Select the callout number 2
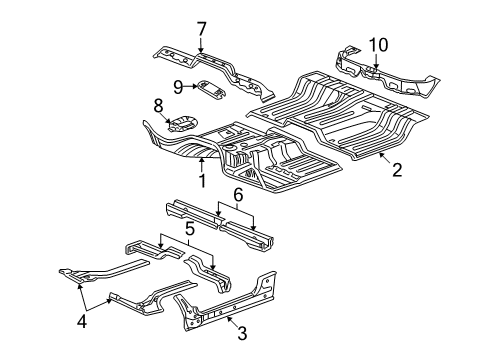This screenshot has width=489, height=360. pos(397,170)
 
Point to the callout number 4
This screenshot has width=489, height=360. pos(82,321)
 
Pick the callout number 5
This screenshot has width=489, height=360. pos(188,229)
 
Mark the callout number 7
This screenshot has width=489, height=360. pos(201,28)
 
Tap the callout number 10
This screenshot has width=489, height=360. pos(377,44)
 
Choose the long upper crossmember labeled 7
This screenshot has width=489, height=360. pos(215,68)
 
